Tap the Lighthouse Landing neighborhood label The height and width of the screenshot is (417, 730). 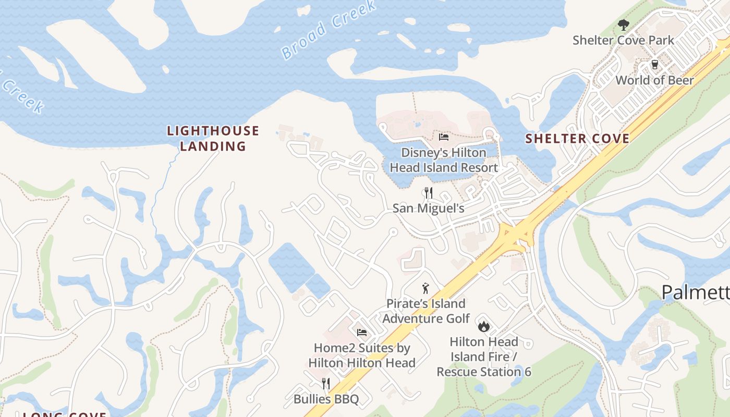click(x=213, y=138)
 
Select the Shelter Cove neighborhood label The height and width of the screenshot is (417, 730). click(x=577, y=139)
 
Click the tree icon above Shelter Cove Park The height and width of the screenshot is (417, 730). click(x=623, y=24)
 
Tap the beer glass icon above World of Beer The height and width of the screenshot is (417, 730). click(x=654, y=65)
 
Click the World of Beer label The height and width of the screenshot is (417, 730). click(x=654, y=80)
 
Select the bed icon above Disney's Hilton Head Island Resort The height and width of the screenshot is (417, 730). click(x=444, y=137)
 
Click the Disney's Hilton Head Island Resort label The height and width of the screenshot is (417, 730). click(x=444, y=160)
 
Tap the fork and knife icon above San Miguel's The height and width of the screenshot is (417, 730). click(x=428, y=193)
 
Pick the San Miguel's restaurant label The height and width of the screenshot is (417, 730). click(x=428, y=208)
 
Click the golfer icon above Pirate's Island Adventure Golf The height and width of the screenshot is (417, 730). click(x=426, y=288)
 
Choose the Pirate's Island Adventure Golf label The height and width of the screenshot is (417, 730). click(x=426, y=311)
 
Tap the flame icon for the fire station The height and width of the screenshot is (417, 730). click(x=484, y=326)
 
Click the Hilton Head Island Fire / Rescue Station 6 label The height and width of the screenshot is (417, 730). click(x=484, y=357)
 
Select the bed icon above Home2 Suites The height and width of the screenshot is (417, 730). click(x=362, y=333)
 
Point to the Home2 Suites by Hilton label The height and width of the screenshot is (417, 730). click(x=362, y=355)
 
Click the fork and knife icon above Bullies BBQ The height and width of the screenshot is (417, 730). click(x=326, y=384)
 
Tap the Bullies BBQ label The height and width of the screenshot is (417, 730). click(x=326, y=399)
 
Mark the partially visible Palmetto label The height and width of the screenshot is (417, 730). click(x=696, y=292)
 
